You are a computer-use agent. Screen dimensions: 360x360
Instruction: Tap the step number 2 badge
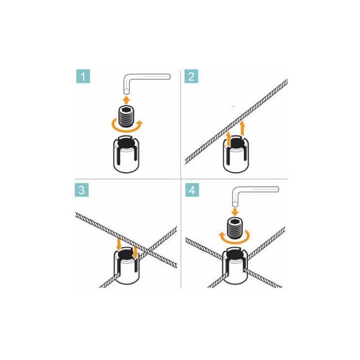click(x=192, y=76)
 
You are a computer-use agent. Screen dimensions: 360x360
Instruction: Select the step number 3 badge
click(x=81, y=189)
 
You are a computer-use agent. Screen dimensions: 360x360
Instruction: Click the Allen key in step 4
click(x=254, y=191)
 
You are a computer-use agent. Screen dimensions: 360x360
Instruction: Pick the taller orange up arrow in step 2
click(x=243, y=128)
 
